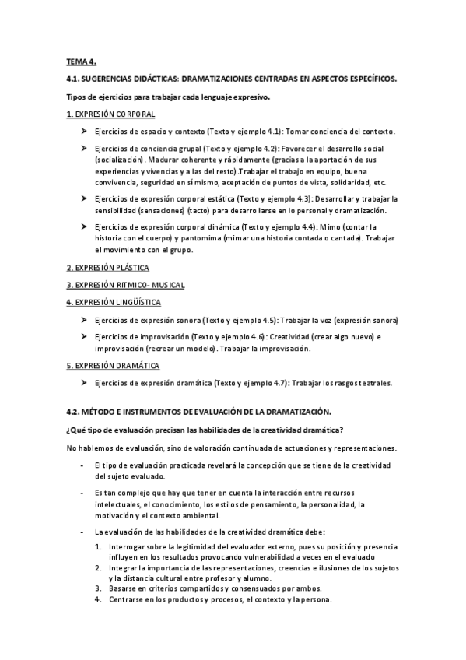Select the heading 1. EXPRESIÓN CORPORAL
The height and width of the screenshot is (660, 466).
click(x=105, y=114)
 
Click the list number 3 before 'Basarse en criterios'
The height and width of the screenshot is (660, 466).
click(x=98, y=589)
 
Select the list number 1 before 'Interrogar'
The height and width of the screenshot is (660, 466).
click(x=98, y=547)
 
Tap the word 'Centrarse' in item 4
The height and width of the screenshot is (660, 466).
click(x=128, y=599)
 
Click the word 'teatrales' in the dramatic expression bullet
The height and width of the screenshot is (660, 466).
click(x=372, y=382)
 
